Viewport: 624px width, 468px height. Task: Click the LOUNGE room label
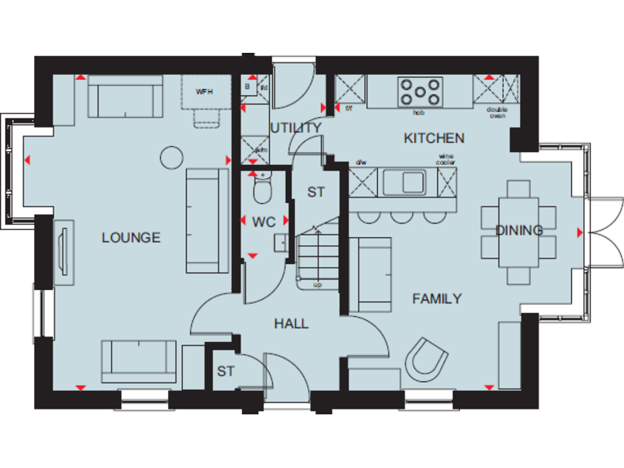[131, 237]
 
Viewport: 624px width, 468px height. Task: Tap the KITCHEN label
[434, 138]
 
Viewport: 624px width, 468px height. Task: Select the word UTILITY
[296, 128]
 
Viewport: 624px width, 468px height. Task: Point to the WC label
[263, 221]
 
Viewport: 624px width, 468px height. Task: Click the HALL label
[291, 323]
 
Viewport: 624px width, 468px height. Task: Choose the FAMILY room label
[436, 298]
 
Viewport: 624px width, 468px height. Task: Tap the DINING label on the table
[519, 230]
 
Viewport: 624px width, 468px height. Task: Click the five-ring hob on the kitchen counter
[420, 91]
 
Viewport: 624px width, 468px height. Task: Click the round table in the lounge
[171, 156]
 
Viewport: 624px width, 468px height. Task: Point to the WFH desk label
[205, 91]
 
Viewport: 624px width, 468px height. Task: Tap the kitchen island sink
[403, 182]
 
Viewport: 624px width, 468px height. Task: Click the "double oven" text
[496, 113]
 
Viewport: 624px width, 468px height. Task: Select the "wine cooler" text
[446, 159]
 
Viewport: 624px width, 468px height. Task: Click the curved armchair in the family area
[427, 358]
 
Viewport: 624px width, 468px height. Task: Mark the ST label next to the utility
[315, 193]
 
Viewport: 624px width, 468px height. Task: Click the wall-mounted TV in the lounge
[62, 253]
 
